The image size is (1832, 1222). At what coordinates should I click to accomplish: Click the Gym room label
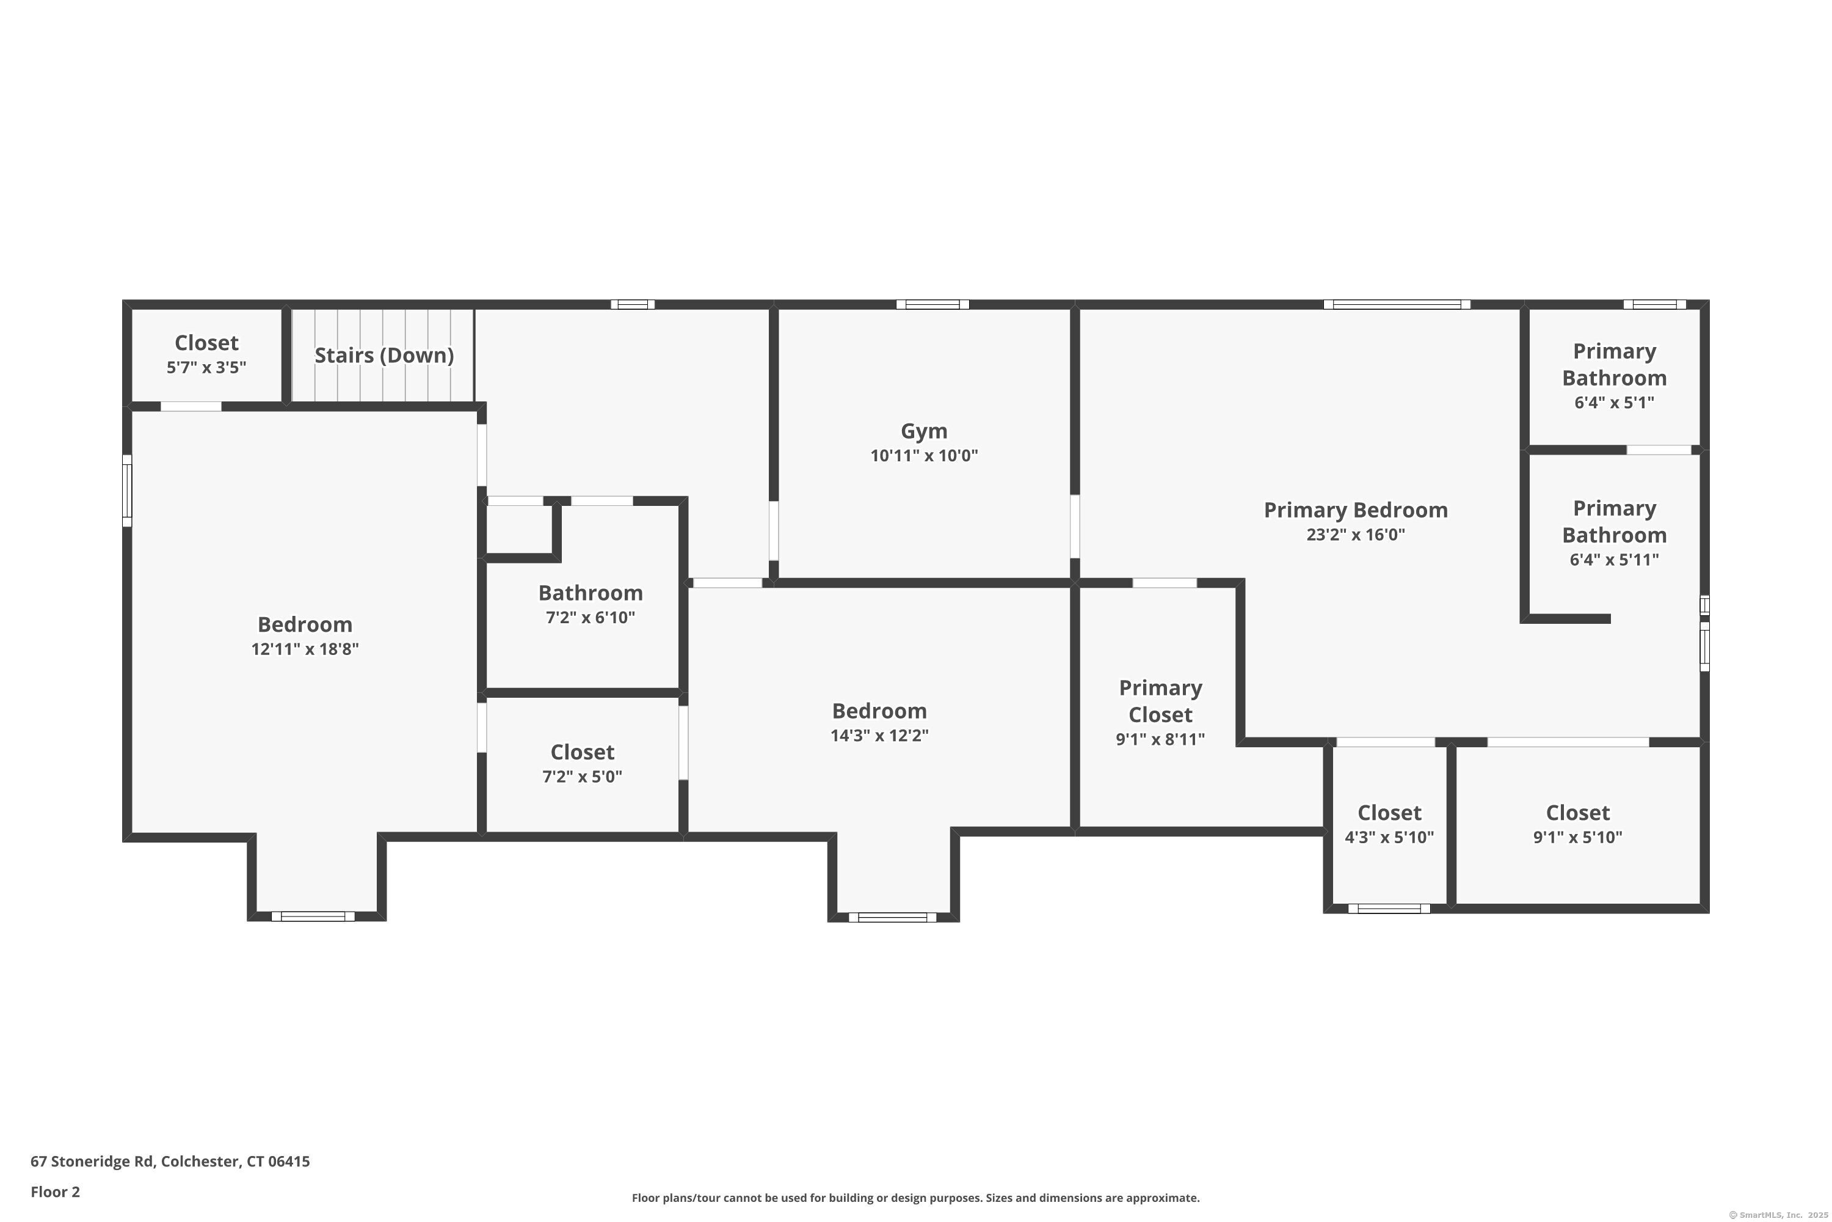pyautogui.click(x=924, y=431)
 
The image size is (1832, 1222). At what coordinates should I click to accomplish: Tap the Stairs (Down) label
pyautogui.click(x=384, y=356)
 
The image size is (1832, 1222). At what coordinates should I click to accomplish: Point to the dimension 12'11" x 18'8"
pyautogui.click(x=305, y=648)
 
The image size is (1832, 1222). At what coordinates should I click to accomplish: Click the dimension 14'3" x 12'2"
pyautogui.click(x=879, y=735)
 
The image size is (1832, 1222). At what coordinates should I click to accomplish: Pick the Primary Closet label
pyautogui.click(x=1161, y=701)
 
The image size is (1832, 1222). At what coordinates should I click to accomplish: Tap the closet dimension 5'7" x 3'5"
pyautogui.click(x=206, y=367)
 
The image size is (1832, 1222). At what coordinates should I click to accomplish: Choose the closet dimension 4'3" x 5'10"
pyautogui.click(x=1390, y=837)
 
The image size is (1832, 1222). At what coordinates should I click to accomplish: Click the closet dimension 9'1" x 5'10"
pyautogui.click(x=1578, y=837)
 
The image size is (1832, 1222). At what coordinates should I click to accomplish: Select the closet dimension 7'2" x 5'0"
pyautogui.click(x=583, y=776)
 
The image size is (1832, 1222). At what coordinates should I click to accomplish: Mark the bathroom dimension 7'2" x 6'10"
pyautogui.click(x=591, y=617)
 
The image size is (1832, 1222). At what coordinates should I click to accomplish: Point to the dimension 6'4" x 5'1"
pyautogui.click(x=1614, y=402)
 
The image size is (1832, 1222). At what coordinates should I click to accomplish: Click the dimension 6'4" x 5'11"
pyautogui.click(x=1614, y=559)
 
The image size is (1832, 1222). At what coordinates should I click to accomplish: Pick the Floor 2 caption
pyautogui.click(x=56, y=1191)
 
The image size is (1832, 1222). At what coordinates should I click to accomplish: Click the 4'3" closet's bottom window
pyautogui.click(x=1390, y=909)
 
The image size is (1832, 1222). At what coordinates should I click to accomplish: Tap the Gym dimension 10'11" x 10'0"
pyautogui.click(x=924, y=455)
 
